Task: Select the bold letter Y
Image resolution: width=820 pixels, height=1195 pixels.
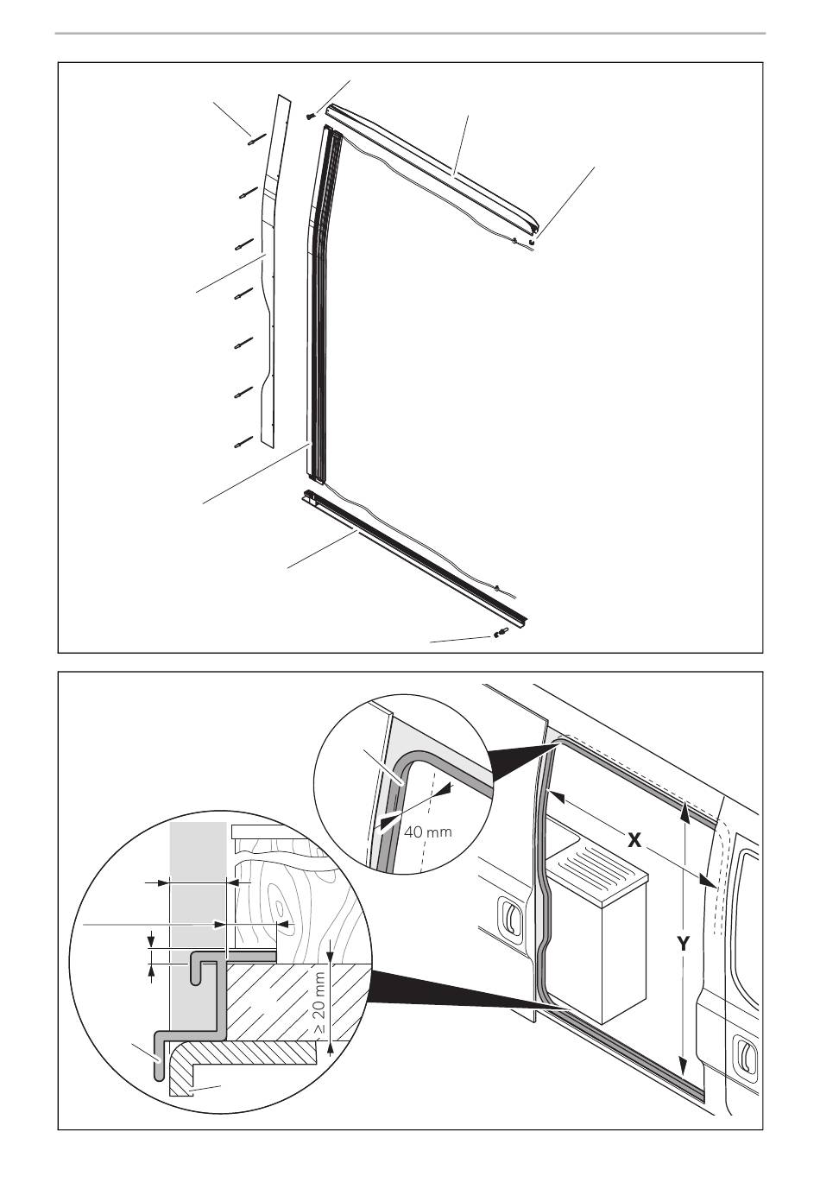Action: point(683,944)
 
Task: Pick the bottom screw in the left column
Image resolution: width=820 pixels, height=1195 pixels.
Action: point(244,443)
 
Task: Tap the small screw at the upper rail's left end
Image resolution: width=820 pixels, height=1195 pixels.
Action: point(310,115)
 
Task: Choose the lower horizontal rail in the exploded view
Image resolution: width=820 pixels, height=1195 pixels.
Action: point(414,557)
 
